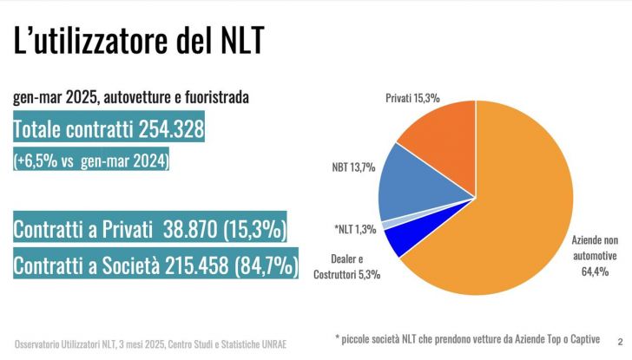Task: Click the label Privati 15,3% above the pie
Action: pyautogui.click(x=413, y=99)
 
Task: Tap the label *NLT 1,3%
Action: pyautogui.click(x=354, y=229)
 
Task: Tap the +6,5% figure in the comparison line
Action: pyautogui.click(x=37, y=161)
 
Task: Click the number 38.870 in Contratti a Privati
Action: pyautogui.click(x=172, y=230)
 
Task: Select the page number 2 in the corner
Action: pyautogui.click(x=619, y=340)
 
